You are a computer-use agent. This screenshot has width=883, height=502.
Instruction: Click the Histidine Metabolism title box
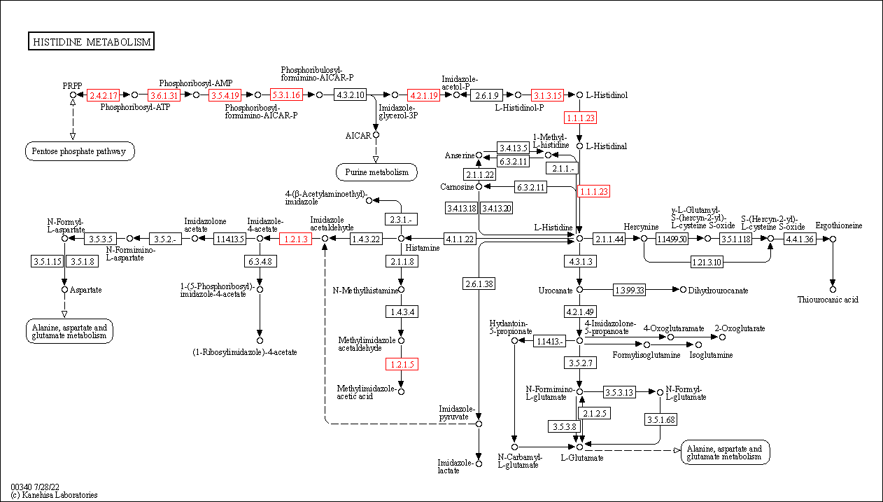(91, 42)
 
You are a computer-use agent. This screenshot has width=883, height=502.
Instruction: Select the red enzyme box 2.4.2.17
(103, 95)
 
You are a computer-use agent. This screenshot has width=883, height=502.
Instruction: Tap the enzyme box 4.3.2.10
(351, 95)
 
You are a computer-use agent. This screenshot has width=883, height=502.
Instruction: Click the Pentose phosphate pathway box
(80, 151)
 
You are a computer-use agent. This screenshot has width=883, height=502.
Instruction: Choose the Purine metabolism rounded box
(376, 172)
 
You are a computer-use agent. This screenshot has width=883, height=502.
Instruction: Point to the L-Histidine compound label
(553, 228)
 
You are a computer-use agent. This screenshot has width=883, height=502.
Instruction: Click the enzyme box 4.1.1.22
(460, 239)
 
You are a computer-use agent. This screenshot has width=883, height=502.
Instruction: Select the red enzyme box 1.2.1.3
(294, 239)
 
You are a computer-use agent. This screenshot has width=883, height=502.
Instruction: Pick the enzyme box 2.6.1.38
(479, 284)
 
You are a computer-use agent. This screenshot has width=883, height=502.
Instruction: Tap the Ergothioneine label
(838, 225)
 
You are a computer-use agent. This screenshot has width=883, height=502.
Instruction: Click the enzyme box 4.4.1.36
(800, 239)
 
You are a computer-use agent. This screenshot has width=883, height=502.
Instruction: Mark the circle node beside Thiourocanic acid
(833, 289)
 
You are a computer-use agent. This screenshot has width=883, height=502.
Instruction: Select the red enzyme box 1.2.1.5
(401, 364)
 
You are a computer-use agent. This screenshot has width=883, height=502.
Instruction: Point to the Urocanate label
(556, 290)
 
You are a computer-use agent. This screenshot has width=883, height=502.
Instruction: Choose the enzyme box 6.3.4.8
(260, 261)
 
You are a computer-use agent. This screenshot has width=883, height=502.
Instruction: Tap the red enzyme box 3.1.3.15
(547, 95)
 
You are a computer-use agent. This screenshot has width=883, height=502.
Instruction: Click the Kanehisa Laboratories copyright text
(54, 495)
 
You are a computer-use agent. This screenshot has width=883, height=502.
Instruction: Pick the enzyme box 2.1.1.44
(609, 239)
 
